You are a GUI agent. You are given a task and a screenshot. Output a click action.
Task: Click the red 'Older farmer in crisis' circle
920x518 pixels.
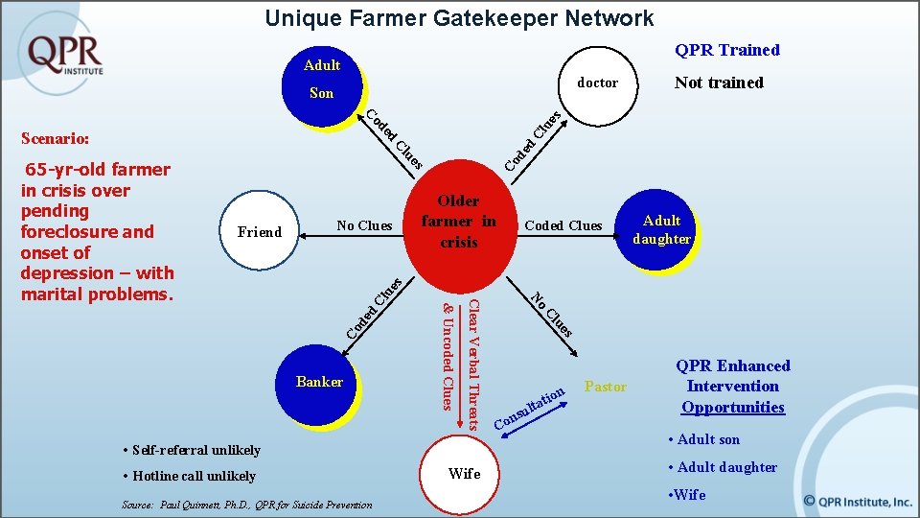pyautogui.click(x=459, y=223)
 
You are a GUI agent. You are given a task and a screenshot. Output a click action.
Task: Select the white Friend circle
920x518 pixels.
pyautogui.click(x=260, y=231)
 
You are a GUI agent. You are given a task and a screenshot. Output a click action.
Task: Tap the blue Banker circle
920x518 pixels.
pyautogui.click(x=320, y=383)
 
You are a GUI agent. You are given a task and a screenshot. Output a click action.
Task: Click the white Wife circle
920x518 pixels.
pyautogui.click(x=465, y=474)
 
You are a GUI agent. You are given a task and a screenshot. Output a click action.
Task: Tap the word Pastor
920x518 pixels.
pyautogui.click(x=605, y=387)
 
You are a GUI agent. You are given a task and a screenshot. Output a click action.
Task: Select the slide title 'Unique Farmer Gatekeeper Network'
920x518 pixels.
pyautogui.click(x=459, y=17)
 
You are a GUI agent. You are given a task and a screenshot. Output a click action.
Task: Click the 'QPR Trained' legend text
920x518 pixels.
pyautogui.click(x=726, y=50)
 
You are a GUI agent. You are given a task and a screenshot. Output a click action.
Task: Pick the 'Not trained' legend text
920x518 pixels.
pyautogui.click(x=719, y=82)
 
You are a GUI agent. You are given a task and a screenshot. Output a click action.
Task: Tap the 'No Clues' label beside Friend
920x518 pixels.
pyautogui.click(x=364, y=225)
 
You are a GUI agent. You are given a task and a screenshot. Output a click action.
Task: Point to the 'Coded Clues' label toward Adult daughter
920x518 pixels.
pyautogui.click(x=563, y=225)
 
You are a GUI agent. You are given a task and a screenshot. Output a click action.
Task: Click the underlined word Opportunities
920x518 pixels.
pyautogui.click(x=732, y=408)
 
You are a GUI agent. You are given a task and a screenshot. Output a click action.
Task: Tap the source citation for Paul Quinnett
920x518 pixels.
pyautogui.click(x=247, y=504)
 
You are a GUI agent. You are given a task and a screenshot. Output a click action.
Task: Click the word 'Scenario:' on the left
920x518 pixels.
pyautogui.click(x=54, y=138)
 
